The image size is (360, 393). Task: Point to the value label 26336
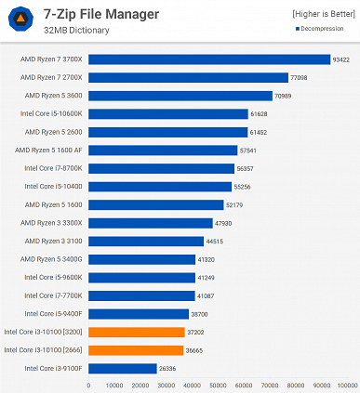point(167,368)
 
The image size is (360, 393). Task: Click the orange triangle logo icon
point(20,20)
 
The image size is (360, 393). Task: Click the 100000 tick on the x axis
point(346,385)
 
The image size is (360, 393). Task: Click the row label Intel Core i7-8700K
point(52,168)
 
